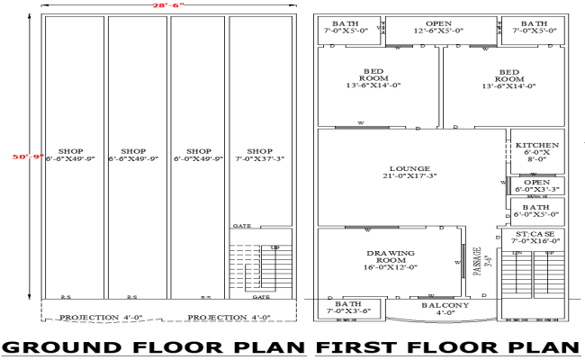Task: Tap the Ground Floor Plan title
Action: [x=155, y=347]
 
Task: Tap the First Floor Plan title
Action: [x=447, y=347]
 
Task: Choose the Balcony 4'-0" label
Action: [x=445, y=309]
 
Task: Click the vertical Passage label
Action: [x=479, y=262]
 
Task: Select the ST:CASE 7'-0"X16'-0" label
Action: [x=535, y=237]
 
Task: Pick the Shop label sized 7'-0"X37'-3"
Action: [x=259, y=156]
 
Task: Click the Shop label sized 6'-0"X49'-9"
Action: [x=197, y=156]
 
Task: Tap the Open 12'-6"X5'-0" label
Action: [x=438, y=27]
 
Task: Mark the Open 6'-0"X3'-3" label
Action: [x=536, y=185]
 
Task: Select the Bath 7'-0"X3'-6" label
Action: [x=348, y=309]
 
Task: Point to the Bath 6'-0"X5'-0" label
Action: [x=536, y=211]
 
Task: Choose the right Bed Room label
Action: [x=509, y=78]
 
